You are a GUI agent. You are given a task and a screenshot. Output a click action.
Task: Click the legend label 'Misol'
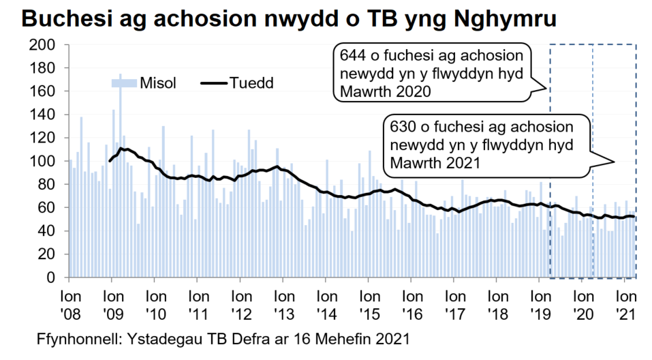pos(159,83)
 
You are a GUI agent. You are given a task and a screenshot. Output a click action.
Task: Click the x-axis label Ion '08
pos(69,305)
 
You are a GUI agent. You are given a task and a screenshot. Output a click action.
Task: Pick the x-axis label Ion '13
pos(283,305)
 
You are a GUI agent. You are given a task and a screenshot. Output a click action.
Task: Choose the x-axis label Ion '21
pos(625,305)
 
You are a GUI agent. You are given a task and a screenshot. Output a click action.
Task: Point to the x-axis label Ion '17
pos(454,305)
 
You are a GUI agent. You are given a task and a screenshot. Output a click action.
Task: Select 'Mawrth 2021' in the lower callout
pos(438,164)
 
